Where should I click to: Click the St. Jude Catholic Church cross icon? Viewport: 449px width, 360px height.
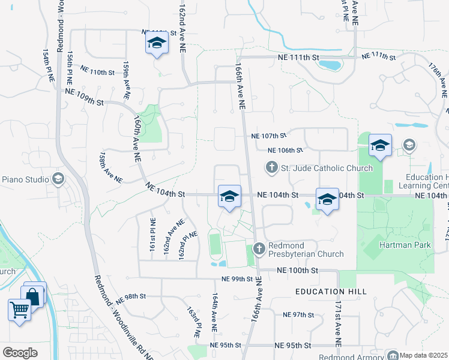(x=271, y=167)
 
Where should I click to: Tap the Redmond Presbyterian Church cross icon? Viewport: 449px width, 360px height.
(x=259, y=248)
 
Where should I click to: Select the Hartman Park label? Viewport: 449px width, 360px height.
(x=405, y=245)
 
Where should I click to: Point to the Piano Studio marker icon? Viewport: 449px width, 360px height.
(x=58, y=179)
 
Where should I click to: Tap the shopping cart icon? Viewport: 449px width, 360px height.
(x=20, y=310)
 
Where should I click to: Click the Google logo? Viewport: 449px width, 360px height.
(x=20, y=353)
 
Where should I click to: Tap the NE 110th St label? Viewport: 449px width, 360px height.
(x=97, y=73)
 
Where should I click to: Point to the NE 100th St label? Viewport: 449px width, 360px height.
(x=297, y=271)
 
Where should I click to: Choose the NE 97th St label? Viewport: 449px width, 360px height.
(x=298, y=314)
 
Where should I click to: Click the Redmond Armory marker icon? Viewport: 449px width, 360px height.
(x=393, y=356)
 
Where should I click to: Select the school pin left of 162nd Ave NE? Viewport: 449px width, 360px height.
(x=157, y=44)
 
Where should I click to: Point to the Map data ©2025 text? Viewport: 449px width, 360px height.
(x=423, y=355)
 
